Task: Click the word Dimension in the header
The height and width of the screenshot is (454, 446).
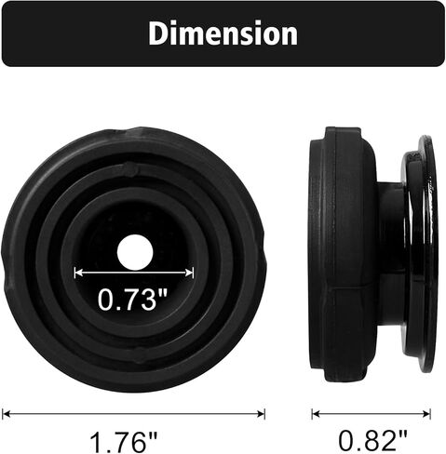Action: [223, 33]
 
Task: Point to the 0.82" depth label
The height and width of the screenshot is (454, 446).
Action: [372, 436]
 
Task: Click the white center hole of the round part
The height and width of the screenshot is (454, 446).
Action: [135, 251]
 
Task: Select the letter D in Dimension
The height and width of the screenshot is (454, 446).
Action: [158, 33]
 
